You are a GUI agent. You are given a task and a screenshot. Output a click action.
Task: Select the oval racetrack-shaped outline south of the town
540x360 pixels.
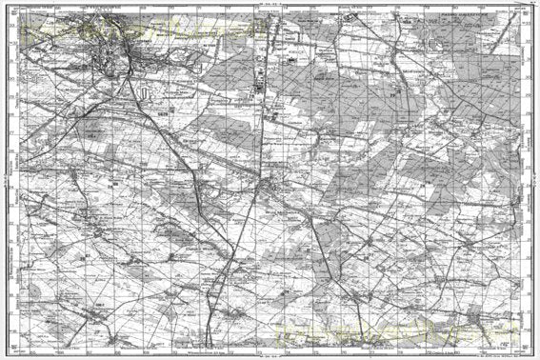pos(143,92)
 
